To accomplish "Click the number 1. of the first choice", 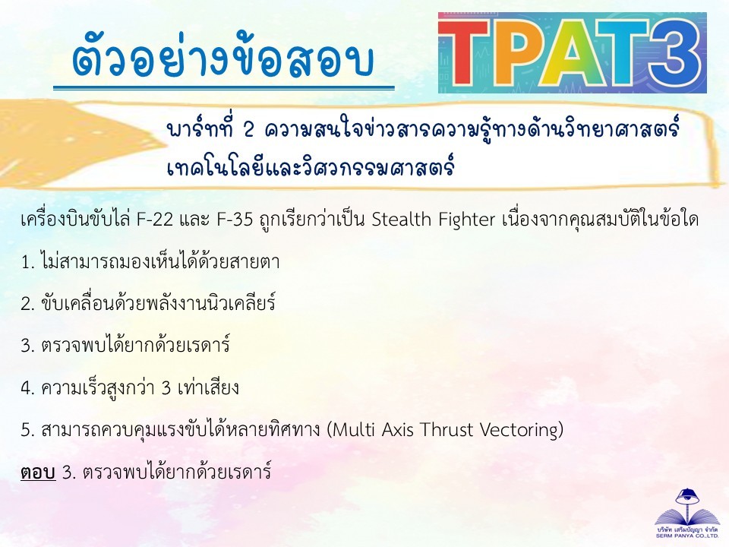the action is click(28, 262).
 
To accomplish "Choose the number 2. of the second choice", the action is click(28, 304).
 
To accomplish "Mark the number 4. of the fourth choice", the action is click(28, 388).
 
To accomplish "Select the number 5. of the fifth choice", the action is click(28, 430).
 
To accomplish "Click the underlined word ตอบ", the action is click(38, 472).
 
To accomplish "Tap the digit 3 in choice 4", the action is click(166, 388).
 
